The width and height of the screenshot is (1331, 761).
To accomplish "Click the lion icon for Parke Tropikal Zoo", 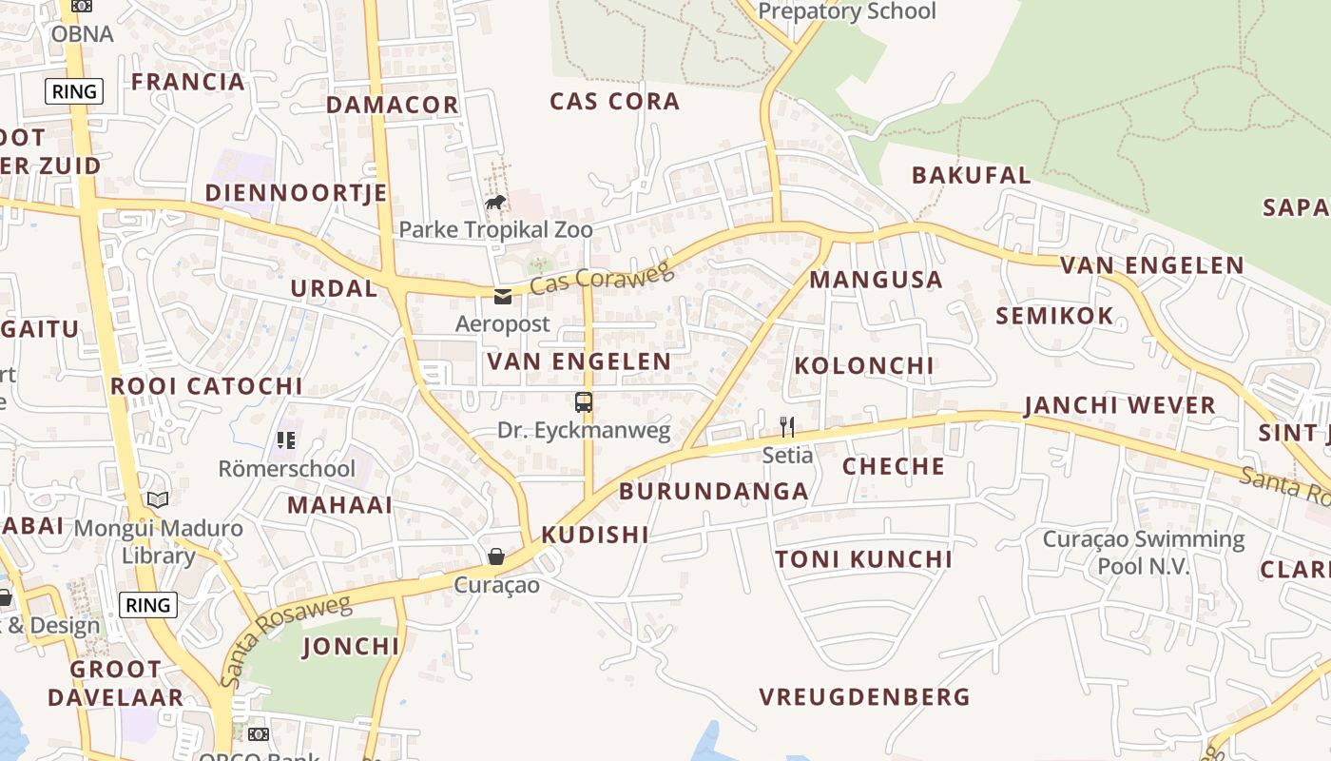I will [494, 202].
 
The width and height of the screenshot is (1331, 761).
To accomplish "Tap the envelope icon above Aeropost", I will [502, 297].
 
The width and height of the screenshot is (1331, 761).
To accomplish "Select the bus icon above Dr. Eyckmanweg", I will [584, 402].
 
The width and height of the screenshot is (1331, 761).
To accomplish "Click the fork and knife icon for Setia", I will [786, 426].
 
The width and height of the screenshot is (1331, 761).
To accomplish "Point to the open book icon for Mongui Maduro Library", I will [158, 499].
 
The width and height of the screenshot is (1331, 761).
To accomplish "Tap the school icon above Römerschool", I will [286, 439].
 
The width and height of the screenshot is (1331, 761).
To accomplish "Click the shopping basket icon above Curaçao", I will [495, 556].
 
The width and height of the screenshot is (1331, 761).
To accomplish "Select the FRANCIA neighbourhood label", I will [188, 82].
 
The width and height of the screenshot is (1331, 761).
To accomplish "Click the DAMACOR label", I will [393, 105].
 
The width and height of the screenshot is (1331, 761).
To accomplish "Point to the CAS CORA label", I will [615, 101].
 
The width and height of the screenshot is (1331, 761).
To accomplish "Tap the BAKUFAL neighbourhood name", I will [971, 175].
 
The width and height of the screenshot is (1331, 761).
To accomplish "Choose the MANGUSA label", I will [876, 280].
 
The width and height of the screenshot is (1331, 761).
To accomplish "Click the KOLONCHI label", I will [864, 365].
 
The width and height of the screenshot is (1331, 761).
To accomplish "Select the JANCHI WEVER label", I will [1120, 405].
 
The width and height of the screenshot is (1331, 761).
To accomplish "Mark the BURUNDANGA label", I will [714, 492].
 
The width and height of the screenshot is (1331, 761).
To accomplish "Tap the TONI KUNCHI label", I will [863, 559].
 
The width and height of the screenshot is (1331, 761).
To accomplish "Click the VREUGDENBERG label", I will [864, 697].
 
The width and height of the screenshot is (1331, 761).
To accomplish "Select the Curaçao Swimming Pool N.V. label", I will [1143, 553].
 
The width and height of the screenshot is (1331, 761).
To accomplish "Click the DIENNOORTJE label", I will [296, 193].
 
